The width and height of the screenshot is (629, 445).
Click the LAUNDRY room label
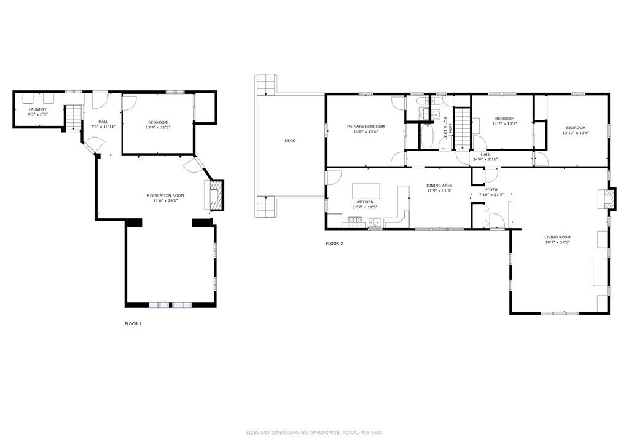tap(37, 109)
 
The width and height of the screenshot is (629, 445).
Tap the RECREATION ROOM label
tap(165, 195)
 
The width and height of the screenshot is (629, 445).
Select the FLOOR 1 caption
tap(133, 323)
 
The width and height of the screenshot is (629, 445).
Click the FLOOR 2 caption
tap(334, 243)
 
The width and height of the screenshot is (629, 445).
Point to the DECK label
tap(290, 140)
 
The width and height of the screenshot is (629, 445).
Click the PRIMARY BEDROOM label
tap(366, 127)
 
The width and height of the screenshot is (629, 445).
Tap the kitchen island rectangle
tap(366, 189)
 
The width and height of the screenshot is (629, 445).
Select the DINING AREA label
tap(439, 186)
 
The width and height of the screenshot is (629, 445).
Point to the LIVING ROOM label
tap(558, 237)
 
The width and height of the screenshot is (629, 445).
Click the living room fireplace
tap(607, 199)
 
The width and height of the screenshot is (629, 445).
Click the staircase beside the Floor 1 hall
tap(74, 117)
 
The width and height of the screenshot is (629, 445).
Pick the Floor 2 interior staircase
tap(462, 128)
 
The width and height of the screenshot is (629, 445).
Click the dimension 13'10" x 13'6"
tap(575, 132)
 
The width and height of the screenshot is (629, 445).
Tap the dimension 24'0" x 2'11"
tap(485, 159)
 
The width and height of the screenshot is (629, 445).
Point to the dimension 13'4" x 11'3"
tap(158, 127)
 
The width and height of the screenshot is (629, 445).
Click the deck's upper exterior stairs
tap(265, 85)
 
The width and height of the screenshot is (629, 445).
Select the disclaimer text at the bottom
tap(314, 433)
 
